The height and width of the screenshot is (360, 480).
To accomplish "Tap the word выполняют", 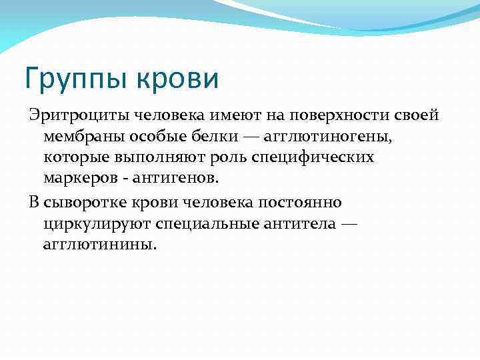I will pyautogui.click(x=154, y=158).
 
